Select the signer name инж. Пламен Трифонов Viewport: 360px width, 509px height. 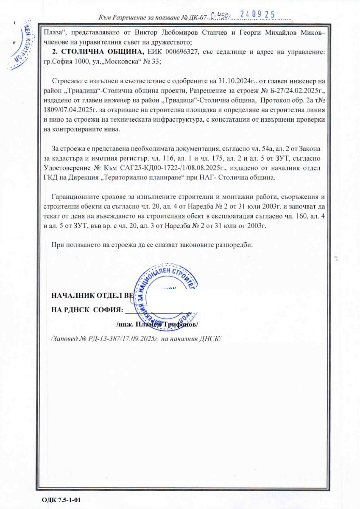pyautogui.click(x=157, y=325)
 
